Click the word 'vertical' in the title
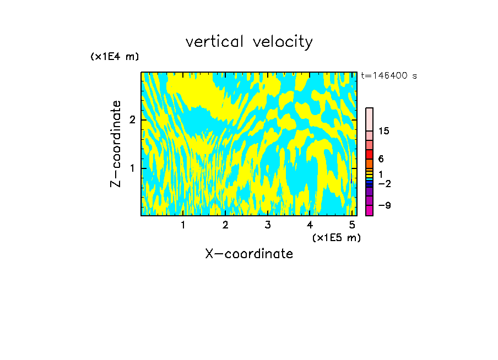pos(212,42)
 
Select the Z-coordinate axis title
pos(116,144)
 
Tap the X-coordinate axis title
pos(249,254)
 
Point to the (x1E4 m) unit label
pos(115,57)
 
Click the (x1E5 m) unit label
pos(336,238)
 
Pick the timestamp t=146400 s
pos(389,76)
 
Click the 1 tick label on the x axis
pos(183,225)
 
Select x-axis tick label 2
pos(225,225)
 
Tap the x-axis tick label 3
pos(268,225)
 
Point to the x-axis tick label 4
pos(310,225)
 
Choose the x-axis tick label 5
pos(352,225)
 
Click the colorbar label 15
pos(384,131)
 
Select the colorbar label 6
pos(381,159)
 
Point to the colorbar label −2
pos(384,184)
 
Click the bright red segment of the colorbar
pos(370,154)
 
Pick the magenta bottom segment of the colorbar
pos(370,210)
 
